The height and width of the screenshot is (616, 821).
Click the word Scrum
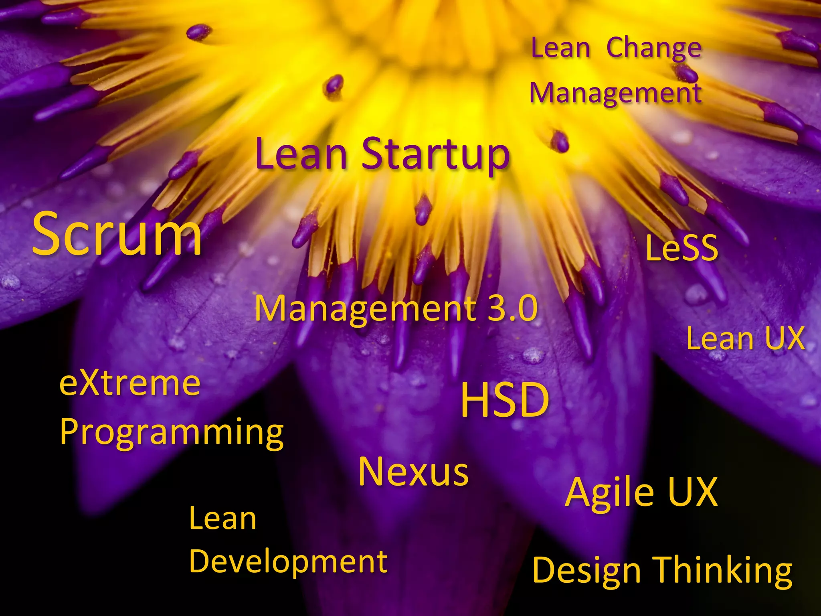[x=117, y=235]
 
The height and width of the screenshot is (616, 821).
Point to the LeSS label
[x=681, y=248]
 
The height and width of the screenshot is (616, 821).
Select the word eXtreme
[x=130, y=384]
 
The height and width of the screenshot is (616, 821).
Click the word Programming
[x=172, y=432]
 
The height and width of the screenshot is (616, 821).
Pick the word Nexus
[x=413, y=472]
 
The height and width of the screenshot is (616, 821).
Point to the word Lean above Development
[x=222, y=519]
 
